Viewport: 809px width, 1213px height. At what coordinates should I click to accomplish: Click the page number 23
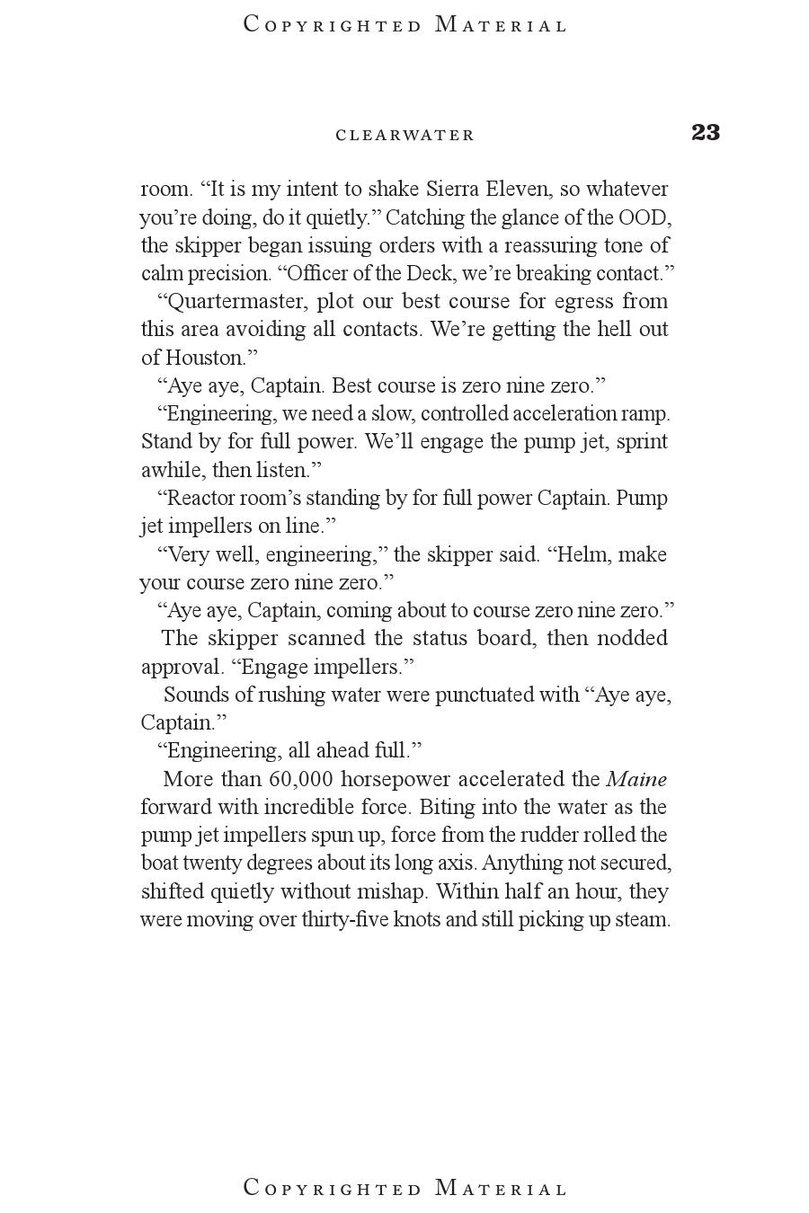[706, 133]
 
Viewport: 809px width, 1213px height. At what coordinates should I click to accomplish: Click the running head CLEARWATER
[404, 136]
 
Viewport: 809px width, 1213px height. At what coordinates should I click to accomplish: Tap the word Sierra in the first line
[453, 190]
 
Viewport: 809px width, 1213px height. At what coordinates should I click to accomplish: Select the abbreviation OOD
[643, 217]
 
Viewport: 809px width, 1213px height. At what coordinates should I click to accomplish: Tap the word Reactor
[200, 498]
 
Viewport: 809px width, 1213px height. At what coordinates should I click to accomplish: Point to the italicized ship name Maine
[636, 779]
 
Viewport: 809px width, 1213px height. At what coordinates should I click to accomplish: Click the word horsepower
[394, 779]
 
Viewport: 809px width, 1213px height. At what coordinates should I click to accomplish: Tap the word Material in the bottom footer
[501, 1189]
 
